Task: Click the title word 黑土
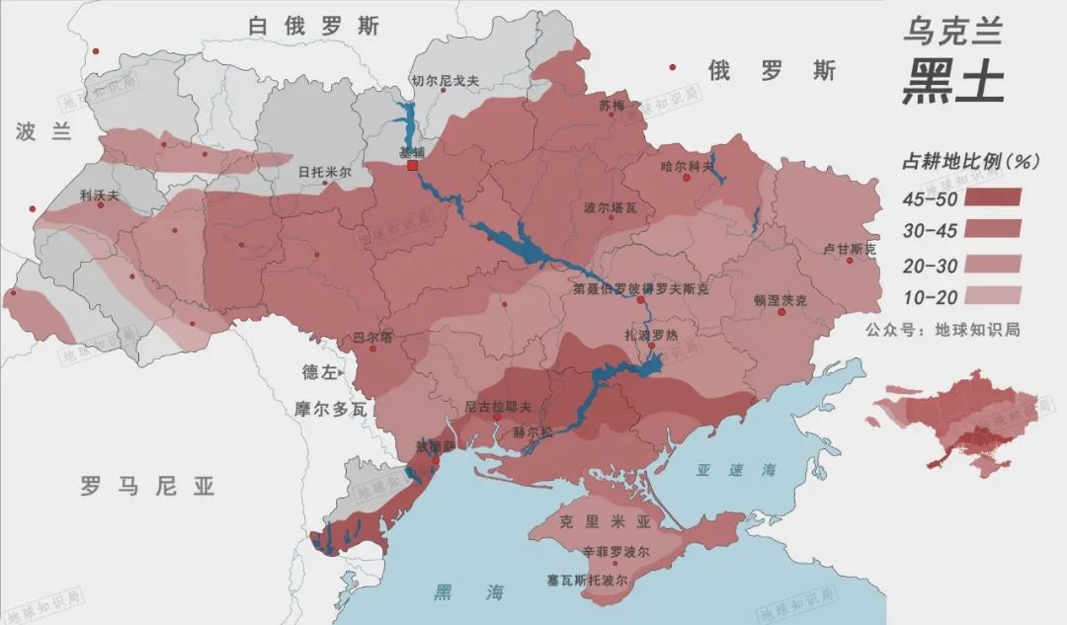coord(952,82)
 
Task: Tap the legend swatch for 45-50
coord(991,196)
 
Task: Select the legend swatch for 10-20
coord(991,295)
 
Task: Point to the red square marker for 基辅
coord(413,166)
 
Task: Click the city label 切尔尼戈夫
coord(445,81)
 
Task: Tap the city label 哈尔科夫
coord(686,166)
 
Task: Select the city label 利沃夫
coord(99,195)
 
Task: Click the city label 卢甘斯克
coord(850,249)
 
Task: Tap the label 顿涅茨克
coord(780,299)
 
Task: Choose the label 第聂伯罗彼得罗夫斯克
coord(641,290)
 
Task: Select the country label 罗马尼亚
coord(147,486)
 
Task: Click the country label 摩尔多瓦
coord(331,407)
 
